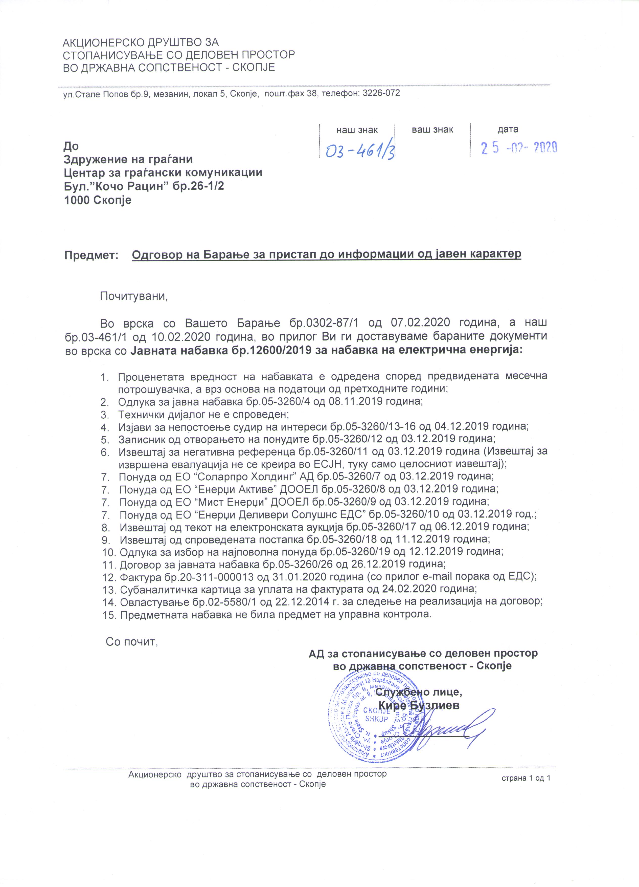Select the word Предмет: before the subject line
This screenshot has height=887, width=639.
tap(91, 255)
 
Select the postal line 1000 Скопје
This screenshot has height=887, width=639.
tap(97, 201)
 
